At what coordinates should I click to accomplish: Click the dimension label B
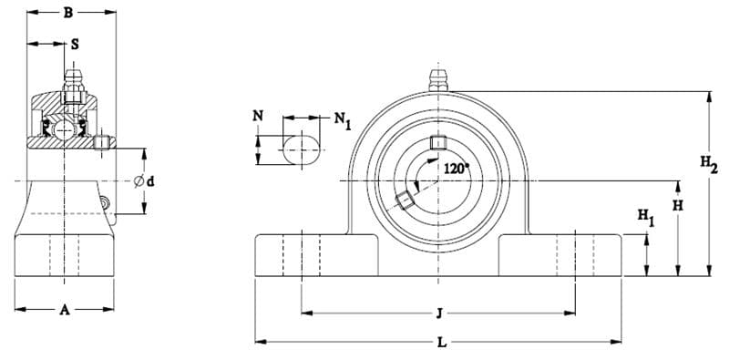point(67,13)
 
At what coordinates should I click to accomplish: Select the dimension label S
point(75,44)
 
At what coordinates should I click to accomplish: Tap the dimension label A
point(65,310)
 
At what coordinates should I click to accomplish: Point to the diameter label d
point(149,182)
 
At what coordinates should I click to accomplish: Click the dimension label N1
point(343,120)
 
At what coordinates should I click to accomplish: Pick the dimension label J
point(438,314)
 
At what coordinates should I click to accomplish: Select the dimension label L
point(442,343)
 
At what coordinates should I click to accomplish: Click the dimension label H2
point(709,163)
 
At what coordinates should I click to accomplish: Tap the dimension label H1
point(646,217)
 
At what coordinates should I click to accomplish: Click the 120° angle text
point(457,169)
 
